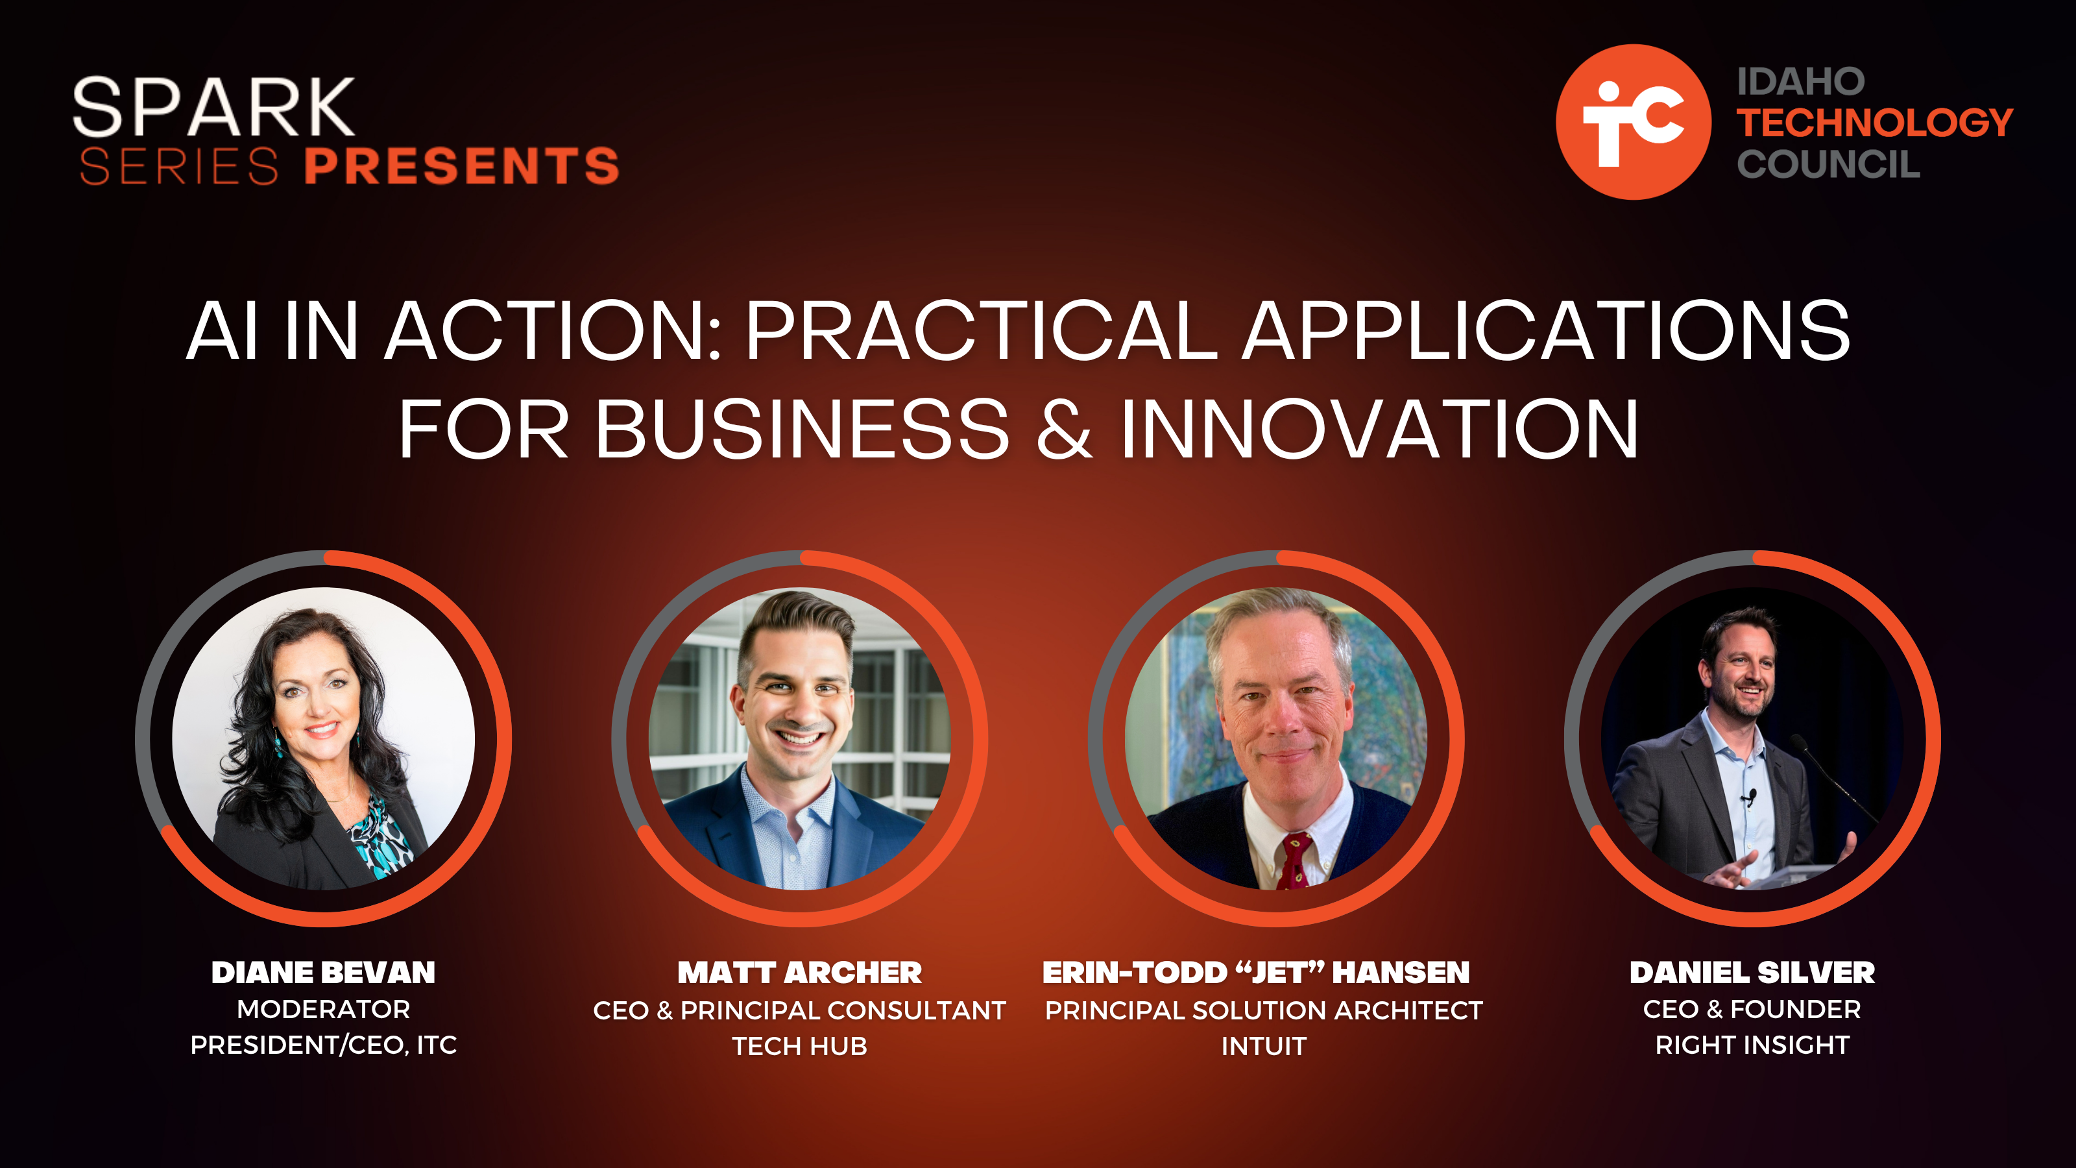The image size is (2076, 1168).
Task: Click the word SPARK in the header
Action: [x=213, y=107]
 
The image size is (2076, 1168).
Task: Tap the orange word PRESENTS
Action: [x=462, y=166]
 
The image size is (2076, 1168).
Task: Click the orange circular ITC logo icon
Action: [x=1633, y=122]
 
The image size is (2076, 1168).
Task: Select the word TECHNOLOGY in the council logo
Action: [x=1874, y=123]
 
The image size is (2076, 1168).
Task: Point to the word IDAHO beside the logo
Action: [x=1801, y=81]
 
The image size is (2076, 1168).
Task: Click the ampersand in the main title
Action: [x=1064, y=429]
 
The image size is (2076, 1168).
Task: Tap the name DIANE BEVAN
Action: [x=323, y=973]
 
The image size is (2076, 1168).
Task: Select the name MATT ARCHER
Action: [x=799, y=973]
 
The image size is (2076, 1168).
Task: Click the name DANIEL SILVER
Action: [x=1752, y=973]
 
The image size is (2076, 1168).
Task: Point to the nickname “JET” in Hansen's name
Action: [x=1280, y=972]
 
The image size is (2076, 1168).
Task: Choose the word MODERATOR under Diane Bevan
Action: [x=323, y=1009]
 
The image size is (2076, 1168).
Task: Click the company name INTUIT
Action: [x=1264, y=1046]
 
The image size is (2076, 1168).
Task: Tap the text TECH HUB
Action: [x=799, y=1046]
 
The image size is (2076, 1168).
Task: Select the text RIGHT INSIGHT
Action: [x=1752, y=1045]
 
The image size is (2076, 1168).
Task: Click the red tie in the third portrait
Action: [x=1294, y=861]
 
